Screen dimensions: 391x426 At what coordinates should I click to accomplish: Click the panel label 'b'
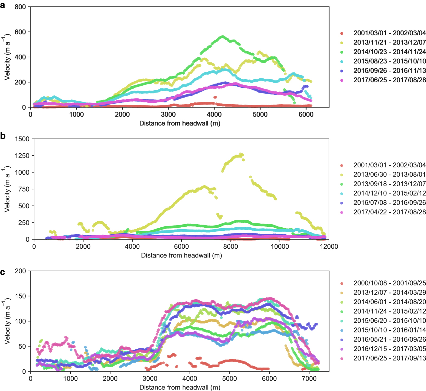pos(3,136)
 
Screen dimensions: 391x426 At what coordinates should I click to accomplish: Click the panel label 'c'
pos(3,272)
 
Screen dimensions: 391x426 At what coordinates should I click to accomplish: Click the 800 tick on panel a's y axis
pos(20,7)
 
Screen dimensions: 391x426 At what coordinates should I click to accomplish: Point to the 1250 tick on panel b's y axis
pos(22,156)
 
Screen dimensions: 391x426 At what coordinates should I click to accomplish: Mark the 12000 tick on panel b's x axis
pos(329,246)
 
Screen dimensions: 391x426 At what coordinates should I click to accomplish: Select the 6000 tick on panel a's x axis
pos(306,114)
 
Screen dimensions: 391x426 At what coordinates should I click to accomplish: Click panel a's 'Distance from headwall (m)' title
pos(180,123)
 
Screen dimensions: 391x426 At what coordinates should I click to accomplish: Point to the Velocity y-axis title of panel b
pos(7,189)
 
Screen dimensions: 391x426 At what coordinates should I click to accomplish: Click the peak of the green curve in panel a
pos(222,37)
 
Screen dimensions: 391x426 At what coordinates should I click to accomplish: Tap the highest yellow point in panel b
pos(241,154)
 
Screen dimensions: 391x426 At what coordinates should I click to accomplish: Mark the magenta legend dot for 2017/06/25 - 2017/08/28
pos(342,80)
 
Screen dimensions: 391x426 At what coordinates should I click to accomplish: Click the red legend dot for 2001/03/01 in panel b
pos(342,165)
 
